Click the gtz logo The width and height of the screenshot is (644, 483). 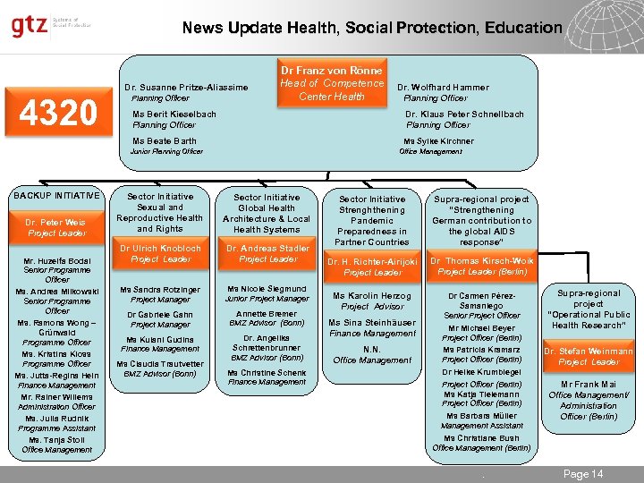tap(30, 27)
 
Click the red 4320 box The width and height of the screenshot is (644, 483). tap(61, 112)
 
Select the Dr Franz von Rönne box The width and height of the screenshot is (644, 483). tap(331, 82)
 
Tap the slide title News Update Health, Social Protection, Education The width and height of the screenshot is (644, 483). tap(372, 28)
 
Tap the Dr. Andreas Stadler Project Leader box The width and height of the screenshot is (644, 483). tap(267, 253)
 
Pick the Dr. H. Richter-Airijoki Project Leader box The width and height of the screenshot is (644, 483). tap(372, 267)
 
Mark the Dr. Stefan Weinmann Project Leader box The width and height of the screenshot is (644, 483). tap(589, 357)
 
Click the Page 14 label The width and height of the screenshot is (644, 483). tap(583, 474)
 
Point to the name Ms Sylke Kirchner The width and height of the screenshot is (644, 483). tap(438, 141)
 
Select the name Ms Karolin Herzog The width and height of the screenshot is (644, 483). tap(372, 296)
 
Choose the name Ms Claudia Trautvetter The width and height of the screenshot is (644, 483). tap(160, 364)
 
